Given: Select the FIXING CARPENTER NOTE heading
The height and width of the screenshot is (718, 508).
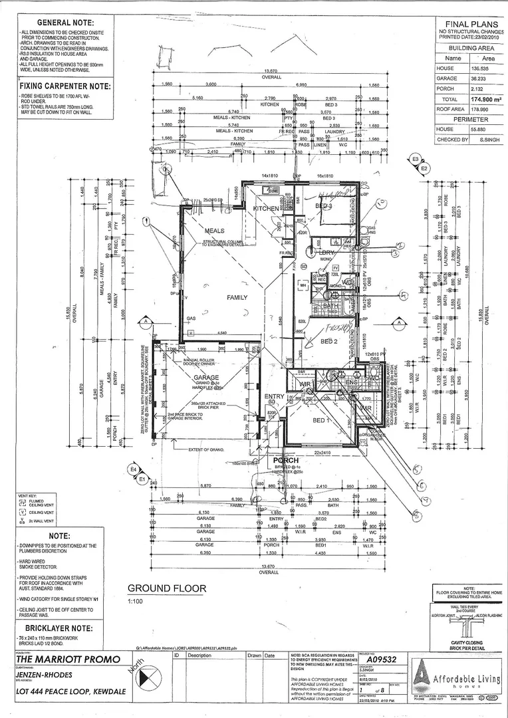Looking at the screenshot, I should click(64, 86).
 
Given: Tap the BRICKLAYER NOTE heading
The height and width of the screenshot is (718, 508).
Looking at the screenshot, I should click(60, 627).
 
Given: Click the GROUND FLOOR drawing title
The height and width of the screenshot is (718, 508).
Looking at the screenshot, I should click(161, 588).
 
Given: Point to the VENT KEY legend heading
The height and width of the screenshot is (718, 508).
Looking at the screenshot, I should click(27, 496).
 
